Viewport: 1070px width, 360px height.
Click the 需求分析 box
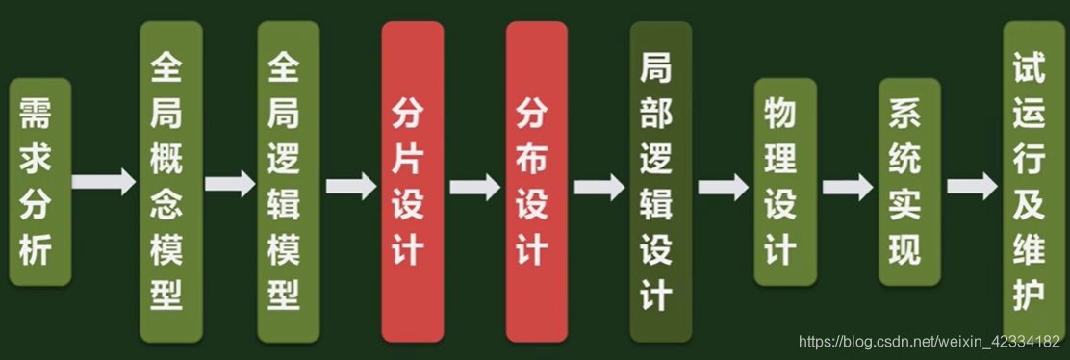(x=40, y=183)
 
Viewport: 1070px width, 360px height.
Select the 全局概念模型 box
(x=170, y=182)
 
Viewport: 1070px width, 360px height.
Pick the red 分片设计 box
(x=413, y=182)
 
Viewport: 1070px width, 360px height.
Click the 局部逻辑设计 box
(x=660, y=182)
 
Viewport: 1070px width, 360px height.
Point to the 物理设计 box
(x=784, y=182)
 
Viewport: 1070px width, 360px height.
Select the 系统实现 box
(x=908, y=182)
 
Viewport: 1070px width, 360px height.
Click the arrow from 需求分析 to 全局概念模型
(x=104, y=182)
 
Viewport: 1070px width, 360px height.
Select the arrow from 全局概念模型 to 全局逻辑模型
(x=230, y=183)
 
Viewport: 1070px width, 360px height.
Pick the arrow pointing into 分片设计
(x=350, y=185)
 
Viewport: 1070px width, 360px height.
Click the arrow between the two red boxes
(x=474, y=186)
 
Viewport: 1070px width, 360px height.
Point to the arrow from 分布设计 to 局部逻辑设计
(x=599, y=185)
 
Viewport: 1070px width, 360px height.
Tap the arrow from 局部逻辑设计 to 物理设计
(x=723, y=185)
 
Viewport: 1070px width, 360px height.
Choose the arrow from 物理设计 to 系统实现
(x=847, y=186)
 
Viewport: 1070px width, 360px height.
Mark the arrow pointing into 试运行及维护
(x=971, y=185)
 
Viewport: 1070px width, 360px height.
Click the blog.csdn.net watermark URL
(x=930, y=342)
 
